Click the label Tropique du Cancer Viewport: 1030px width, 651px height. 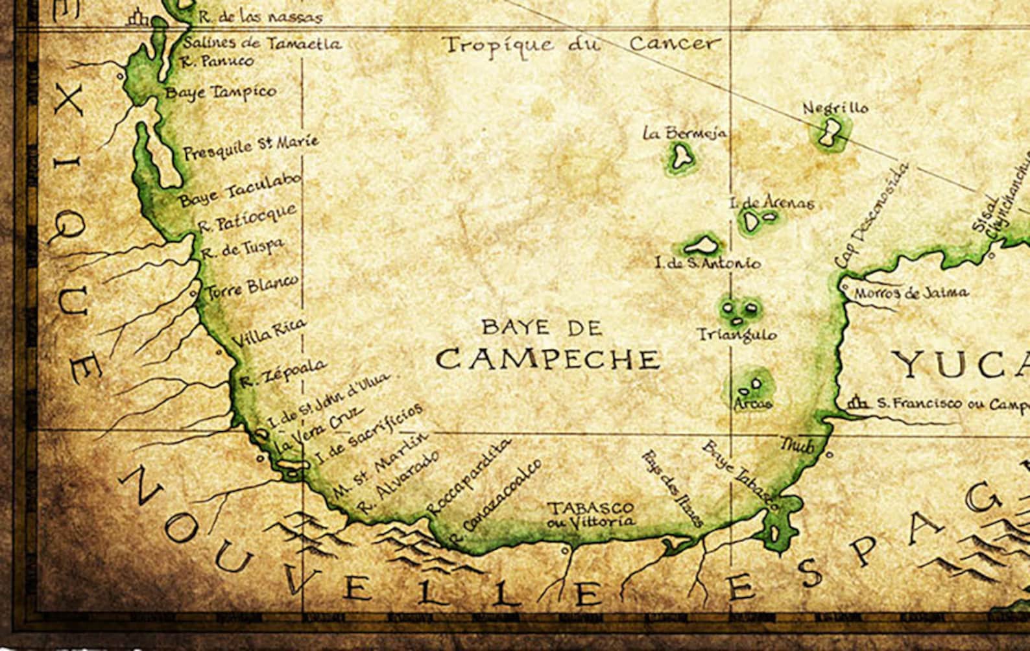pyautogui.click(x=581, y=44)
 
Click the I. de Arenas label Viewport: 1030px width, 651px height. pyautogui.click(x=771, y=203)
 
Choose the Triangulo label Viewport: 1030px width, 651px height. pyautogui.click(x=736, y=335)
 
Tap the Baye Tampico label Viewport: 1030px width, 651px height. pyautogui.click(x=221, y=91)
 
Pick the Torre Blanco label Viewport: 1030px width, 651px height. pyautogui.click(x=252, y=287)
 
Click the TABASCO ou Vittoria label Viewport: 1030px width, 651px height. pyautogui.click(x=590, y=514)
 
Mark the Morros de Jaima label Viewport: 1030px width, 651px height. pyautogui.click(x=911, y=293)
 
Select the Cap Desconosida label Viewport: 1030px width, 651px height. pyautogui.click(x=870, y=215)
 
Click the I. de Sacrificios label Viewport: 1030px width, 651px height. pyautogui.click(x=367, y=433)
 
